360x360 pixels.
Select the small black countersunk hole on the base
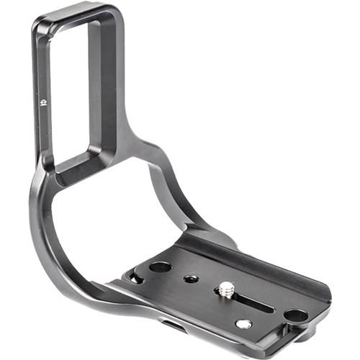tap(190, 277)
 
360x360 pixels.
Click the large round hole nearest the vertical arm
tap(160, 266)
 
